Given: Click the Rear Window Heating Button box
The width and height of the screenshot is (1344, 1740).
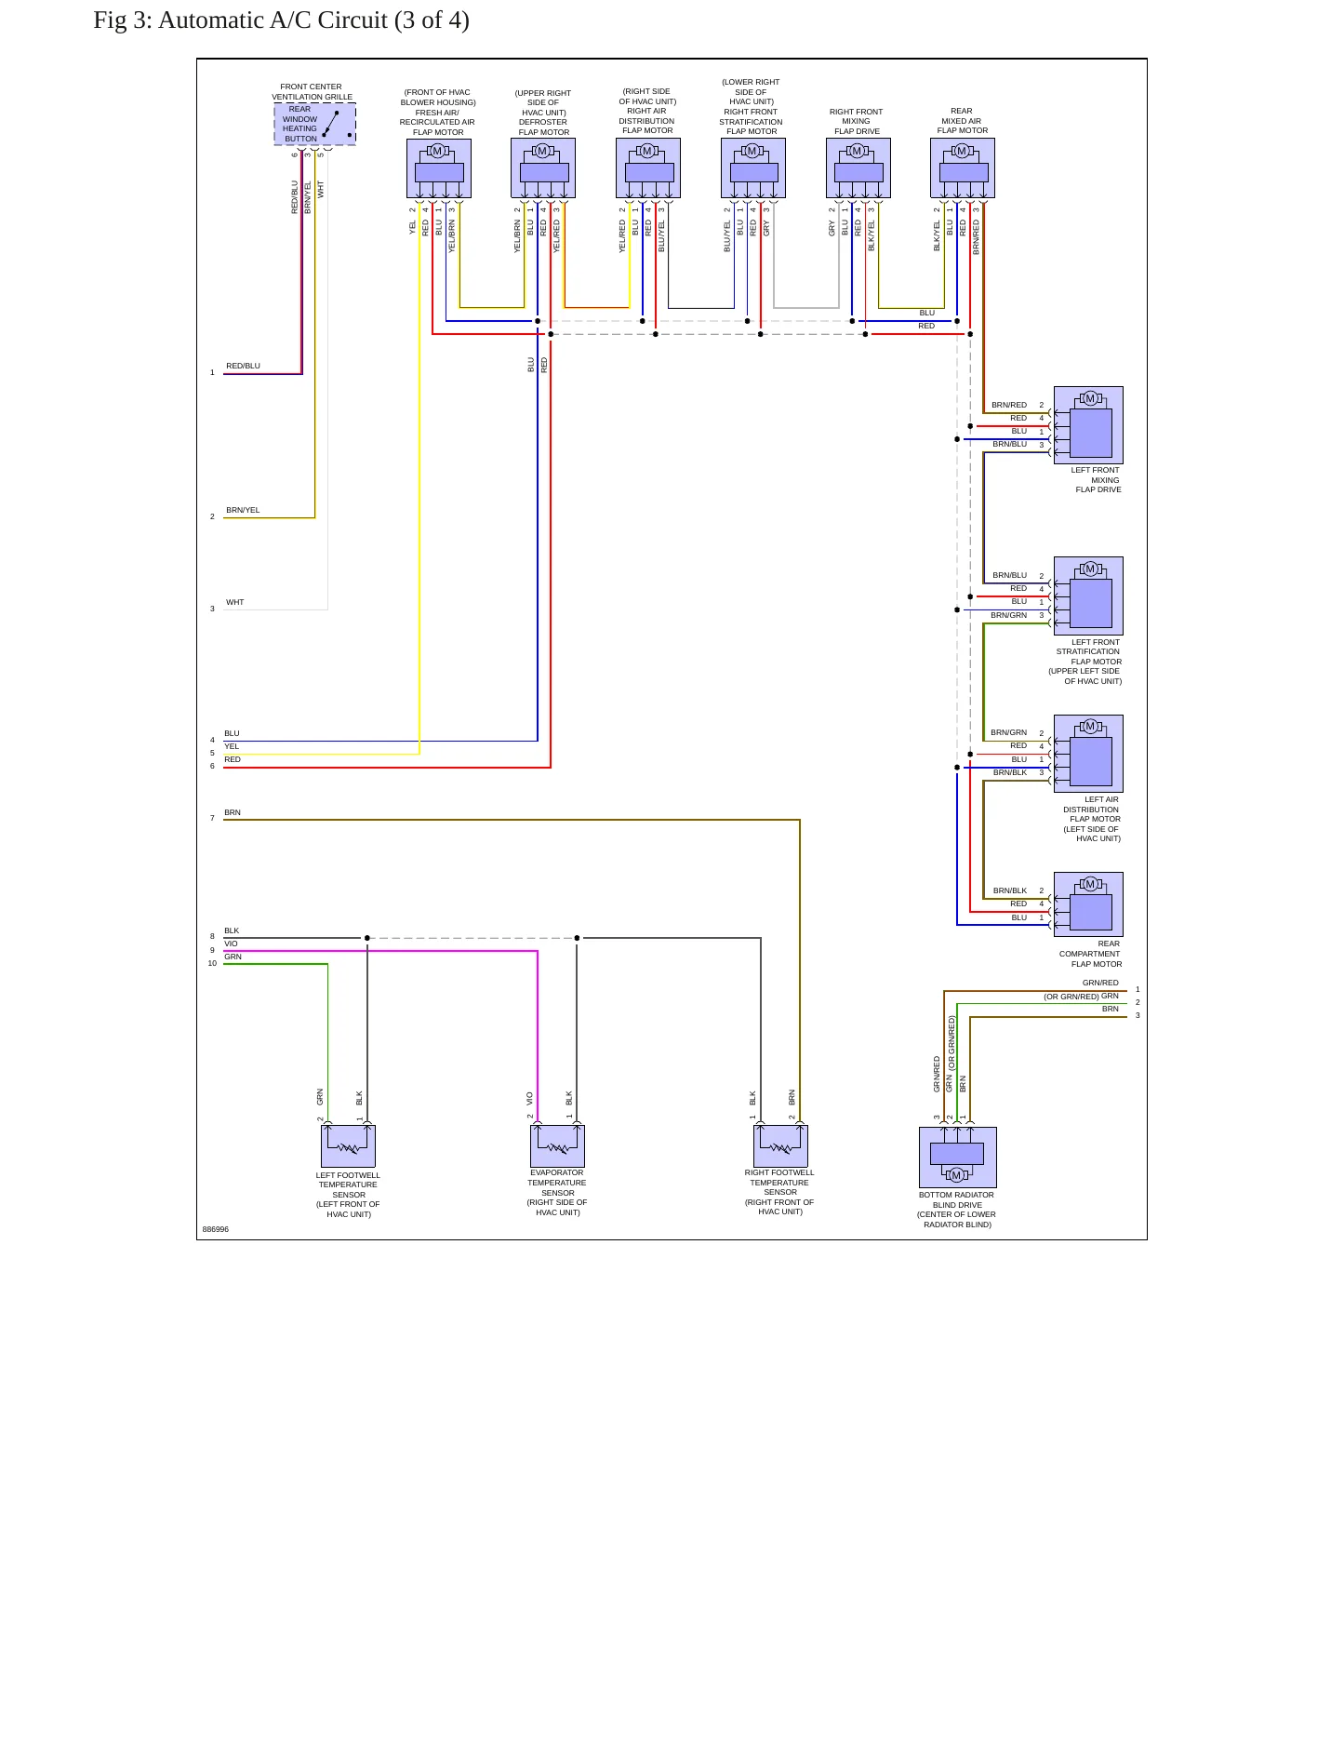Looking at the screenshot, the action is (x=314, y=124).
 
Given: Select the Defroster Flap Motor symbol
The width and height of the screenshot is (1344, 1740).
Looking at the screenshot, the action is (x=543, y=168).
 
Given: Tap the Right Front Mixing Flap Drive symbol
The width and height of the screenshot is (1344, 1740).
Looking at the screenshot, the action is (x=858, y=168).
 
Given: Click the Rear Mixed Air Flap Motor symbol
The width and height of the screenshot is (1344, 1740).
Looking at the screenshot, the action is (x=963, y=168).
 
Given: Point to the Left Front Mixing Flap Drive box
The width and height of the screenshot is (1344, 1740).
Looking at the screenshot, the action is (x=1088, y=425).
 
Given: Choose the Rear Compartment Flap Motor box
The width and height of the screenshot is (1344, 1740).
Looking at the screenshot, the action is (x=1088, y=904).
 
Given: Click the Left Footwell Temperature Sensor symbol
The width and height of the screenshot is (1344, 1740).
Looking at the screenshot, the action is (x=348, y=1145).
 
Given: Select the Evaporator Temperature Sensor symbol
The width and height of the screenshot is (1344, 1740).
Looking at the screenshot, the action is (x=558, y=1145).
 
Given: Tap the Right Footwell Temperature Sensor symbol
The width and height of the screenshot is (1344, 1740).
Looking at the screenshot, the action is (x=780, y=1145).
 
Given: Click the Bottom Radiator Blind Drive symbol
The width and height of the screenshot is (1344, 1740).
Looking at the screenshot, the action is (x=957, y=1158).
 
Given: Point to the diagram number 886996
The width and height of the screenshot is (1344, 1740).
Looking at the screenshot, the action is (x=216, y=1229).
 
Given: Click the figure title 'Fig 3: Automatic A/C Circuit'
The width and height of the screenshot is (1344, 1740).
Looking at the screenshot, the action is (x=241, y=20).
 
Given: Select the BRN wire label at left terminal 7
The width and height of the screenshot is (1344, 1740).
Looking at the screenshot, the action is (x=233, y=812).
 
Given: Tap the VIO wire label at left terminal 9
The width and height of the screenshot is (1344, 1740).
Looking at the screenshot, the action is (x=231, y=944).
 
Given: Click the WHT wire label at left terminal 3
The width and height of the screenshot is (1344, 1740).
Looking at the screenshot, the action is (x=235, y=602).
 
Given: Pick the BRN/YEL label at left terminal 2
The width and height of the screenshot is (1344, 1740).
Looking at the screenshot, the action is (x=243, y=510).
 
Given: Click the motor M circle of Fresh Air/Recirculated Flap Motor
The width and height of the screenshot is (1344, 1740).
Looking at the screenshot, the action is (x=437, y=151).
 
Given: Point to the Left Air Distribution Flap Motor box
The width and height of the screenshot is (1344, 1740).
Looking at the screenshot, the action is (x=1088, y=754).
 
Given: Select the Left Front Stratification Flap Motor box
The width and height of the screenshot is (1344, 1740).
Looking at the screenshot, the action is (x=1088, y=596).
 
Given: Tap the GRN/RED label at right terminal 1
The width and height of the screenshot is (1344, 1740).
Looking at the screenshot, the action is (x=1100, y=983).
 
